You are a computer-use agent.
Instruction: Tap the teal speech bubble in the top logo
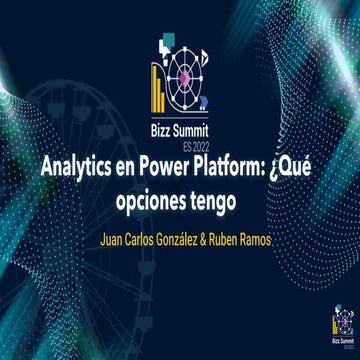click(166, 43)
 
